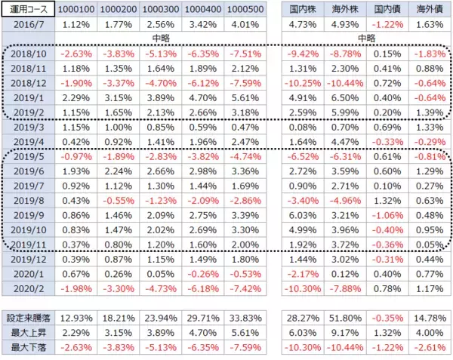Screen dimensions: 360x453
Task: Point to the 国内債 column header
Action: (x=388, y=10)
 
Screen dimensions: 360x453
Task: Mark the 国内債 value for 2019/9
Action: (x=388, y=214)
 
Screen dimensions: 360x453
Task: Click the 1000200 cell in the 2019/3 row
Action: (x=114, y=126)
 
